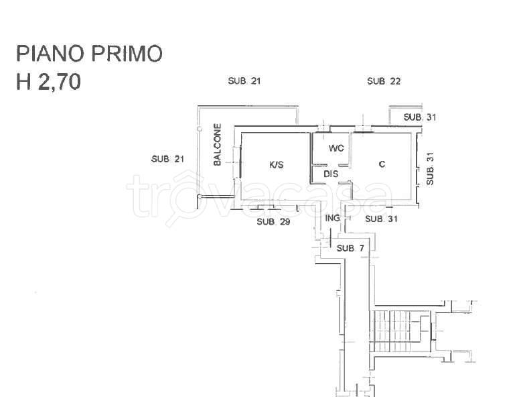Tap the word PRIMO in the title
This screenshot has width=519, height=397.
point(127,54)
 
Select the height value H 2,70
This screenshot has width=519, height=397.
point(48,82)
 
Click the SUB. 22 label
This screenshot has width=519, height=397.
point(384,81)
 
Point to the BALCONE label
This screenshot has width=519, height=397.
point(217,144)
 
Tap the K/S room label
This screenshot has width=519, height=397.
point(277,164)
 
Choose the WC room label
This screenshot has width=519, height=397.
point(336,148)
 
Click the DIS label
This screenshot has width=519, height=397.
point(331,174)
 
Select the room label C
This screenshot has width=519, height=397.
point(382,164)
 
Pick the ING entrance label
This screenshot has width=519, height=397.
point(332,218)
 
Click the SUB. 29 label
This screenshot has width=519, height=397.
point(273,222)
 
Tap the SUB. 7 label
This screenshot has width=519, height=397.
point(350,248)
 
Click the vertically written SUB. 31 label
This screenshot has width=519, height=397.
point(430,168)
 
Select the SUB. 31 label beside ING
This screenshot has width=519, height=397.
point(381,219)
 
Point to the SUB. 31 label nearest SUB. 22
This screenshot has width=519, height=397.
point(420,117)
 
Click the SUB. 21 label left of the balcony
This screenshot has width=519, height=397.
point(167,159)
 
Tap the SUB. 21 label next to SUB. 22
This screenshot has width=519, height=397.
point(244,81)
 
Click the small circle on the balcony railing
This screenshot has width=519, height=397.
point(200,129)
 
